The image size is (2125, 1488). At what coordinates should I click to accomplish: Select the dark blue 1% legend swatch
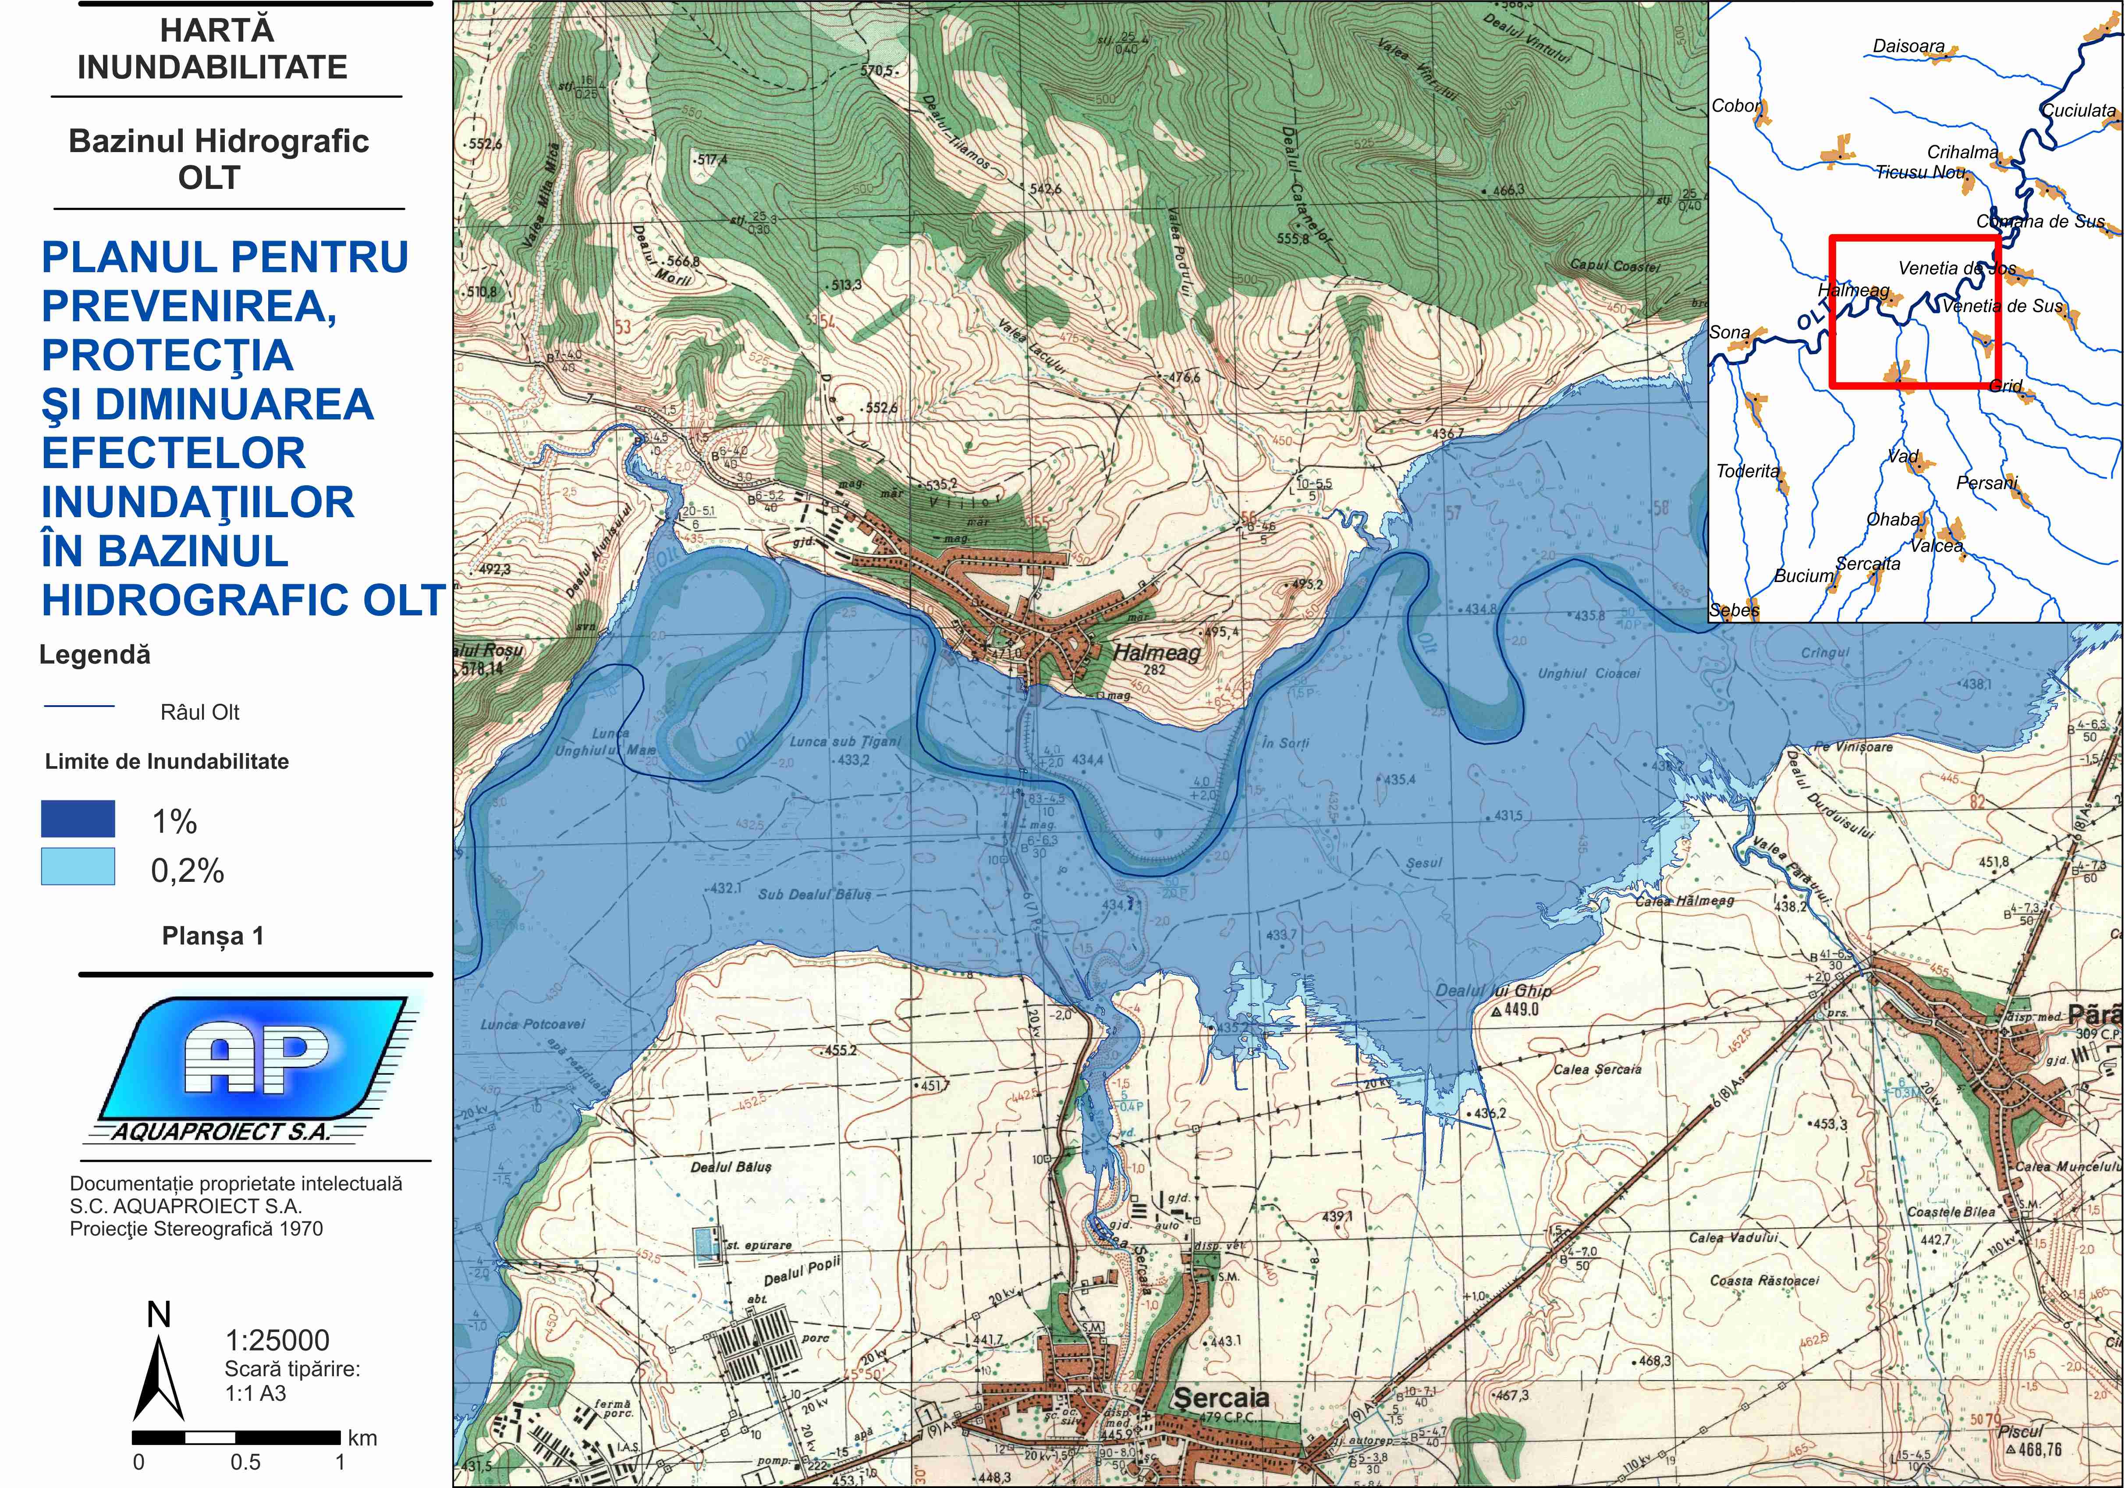coord(78,819)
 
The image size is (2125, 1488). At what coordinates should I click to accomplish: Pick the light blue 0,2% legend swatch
coord(78,867)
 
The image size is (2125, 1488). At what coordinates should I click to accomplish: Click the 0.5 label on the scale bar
coord(245,1462)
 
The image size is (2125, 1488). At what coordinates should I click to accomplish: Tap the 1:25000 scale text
coord(278,1340)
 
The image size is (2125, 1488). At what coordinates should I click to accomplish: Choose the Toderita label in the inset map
coord(1747,471)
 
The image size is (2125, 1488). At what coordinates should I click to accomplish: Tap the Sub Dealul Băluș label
coord(815,894)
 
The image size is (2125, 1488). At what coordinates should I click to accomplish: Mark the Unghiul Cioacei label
coord(1588,673)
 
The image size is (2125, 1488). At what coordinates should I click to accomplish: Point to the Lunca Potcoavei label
coord(532,1024)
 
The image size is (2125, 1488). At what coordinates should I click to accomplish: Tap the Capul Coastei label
coord(1615,266)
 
